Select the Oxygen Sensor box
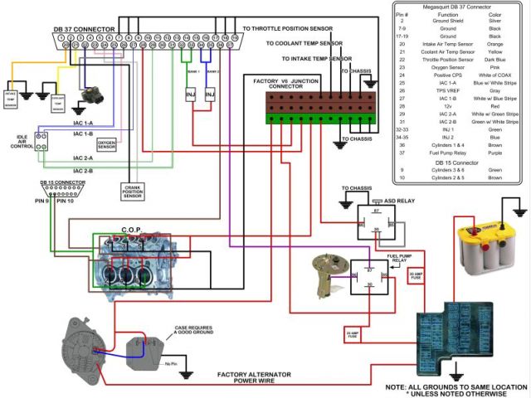(x=107, y=144)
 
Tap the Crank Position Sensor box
(x=134, y=192)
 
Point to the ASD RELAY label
(x=399, y=200)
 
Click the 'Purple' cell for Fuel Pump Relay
(x=494, y=153)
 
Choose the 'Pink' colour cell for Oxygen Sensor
(x=494, y=67)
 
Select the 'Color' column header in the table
(x=494, y=16)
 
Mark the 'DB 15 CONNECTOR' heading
(x=63, y=182)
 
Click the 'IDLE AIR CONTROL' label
(x=22, y=141)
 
